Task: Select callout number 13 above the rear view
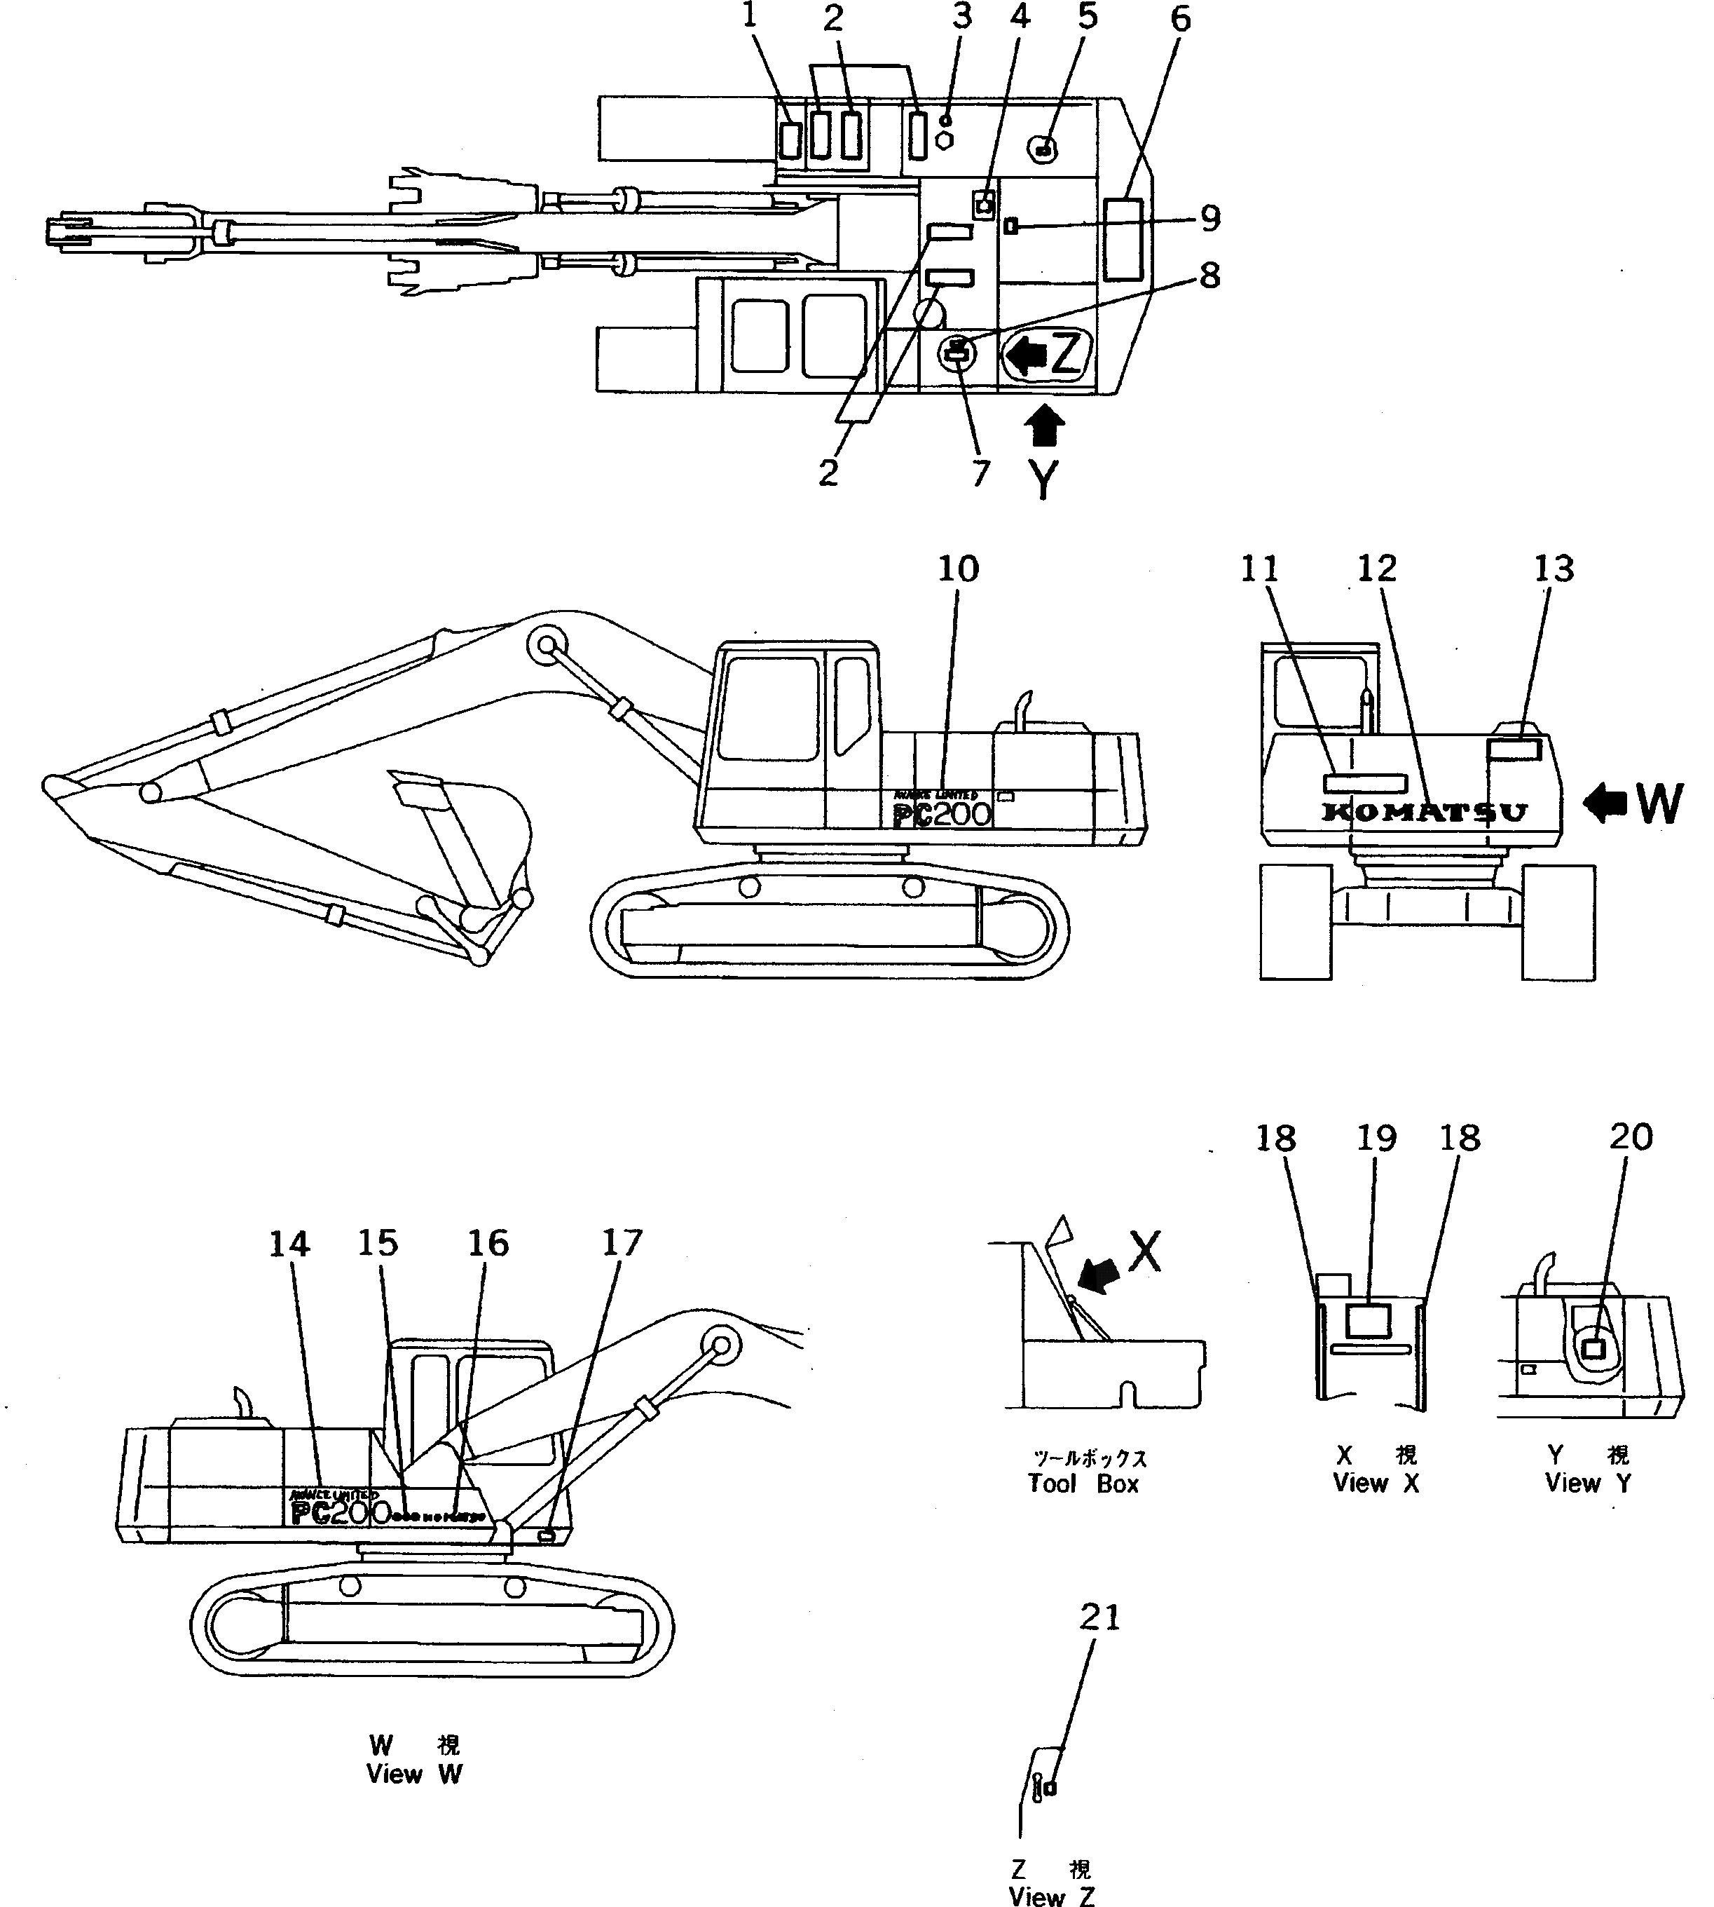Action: point(1553,569)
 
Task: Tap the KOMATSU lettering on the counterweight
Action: point(1424,812)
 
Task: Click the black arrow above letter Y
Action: point(1043,426)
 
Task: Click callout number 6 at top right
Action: point(1180,18)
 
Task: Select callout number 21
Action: point(1099,1617)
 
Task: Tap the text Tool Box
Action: point(1083,1484)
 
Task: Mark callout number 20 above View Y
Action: point(1630,1137)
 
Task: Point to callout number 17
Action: point(622,1244)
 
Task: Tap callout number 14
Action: point(289,1244)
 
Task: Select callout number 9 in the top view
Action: point(1209,219)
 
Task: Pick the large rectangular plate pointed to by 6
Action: point(1123,239)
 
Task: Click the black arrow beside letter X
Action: point(1098,1277)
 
